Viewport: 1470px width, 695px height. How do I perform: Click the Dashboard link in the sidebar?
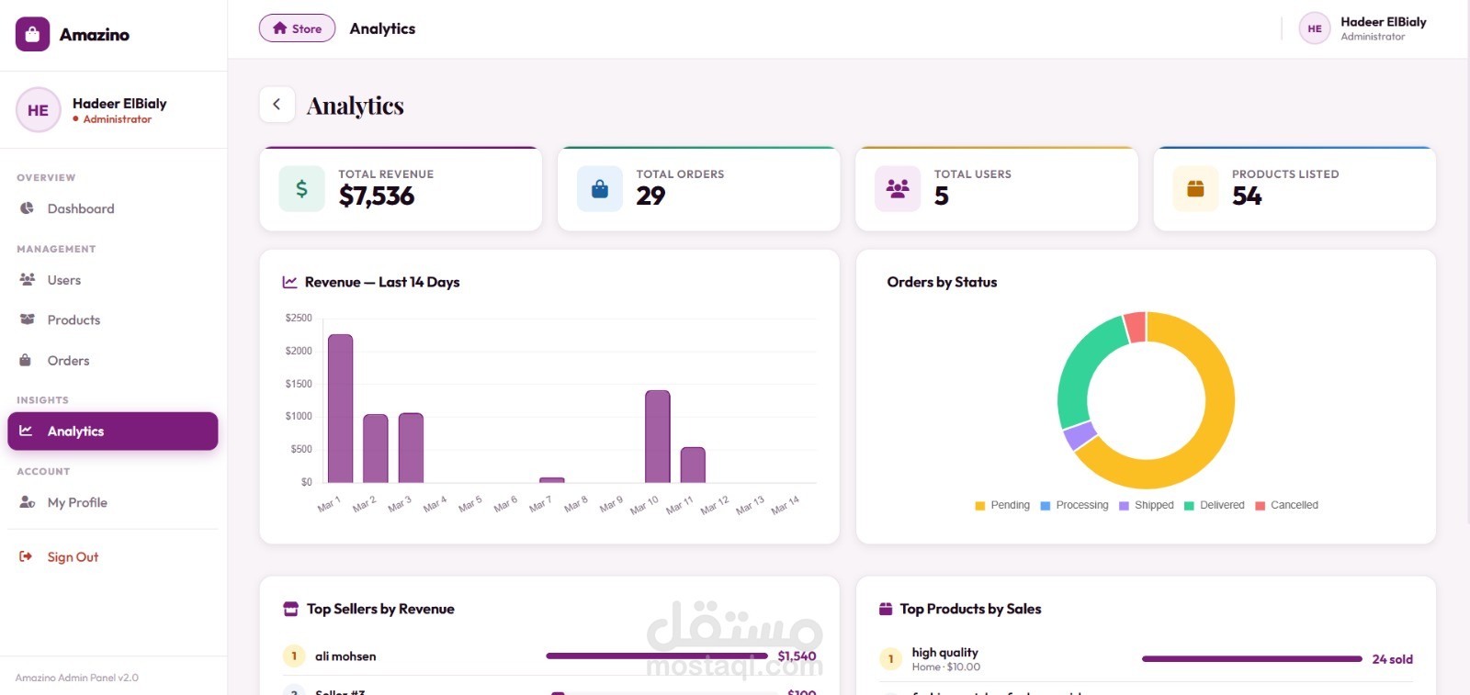pyautogui.click(x=80, y=208)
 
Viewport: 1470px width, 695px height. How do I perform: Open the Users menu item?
pyautogui.click(x=63, y=280)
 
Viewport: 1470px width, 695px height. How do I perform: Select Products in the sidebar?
pyautogui.click(x=73, y=319)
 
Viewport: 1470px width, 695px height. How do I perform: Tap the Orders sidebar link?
pyautogui.click(x=68, y=361)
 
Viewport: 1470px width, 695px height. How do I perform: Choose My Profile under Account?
pyautogui.click(x=77, y=502)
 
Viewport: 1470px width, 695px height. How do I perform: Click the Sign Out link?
pyautogui.click(x=73, y=556)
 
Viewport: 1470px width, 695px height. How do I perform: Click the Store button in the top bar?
pyautogui.click(x=297, y=28)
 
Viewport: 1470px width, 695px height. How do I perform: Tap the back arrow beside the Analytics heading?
pyautogui.click(x=277, y=105)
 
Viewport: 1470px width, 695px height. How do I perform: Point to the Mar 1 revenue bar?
pyautogui.click(x=340, y=409)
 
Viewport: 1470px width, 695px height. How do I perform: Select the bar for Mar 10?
pyautogui.click(x=658, y=437)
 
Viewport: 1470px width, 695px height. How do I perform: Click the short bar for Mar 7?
pyautogui.click(x=552, y=479)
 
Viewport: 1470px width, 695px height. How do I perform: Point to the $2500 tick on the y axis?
pyautogui.click(x=299, y=318)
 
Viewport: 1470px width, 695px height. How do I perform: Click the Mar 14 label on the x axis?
pyautogui.click(x=786, y=505)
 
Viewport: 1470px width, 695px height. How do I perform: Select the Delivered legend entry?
pyautogui.click(x=1215, y=505)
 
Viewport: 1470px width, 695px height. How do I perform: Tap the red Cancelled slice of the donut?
pyautogui.click(x=1136, y=328)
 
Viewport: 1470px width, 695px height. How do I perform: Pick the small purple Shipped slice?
pyautogui.click(x=1080, y=435)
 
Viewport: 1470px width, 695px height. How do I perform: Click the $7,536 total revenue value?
pyautogui.click(x=377, y=196)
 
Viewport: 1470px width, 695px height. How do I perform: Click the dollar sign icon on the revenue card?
pyautogui.click(x=301, y=189)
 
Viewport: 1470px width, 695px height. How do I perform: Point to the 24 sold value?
pyautogui.click(x=1392, y=659)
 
